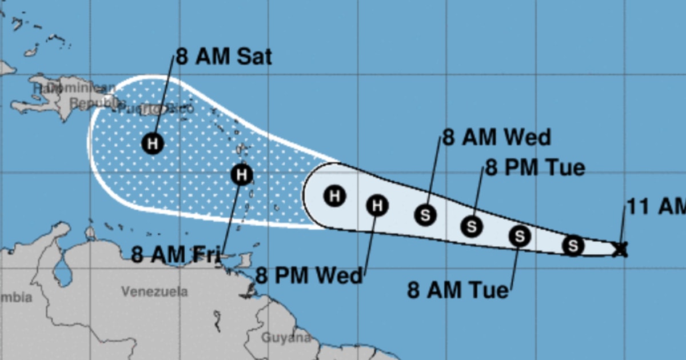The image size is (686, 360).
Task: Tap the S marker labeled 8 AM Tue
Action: pyautogui.click(x=519, y=235)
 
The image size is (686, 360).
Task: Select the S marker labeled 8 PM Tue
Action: pyautogui.click(x=472, y=226)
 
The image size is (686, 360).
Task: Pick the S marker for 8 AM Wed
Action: pyautogui.click(x=425, y=215)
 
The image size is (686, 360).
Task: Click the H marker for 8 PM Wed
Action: pyautogui.click(x=377, y=205)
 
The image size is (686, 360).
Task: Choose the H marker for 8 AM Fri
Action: pyautogui.click(x=242, y=174)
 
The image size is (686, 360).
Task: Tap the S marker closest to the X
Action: pyautogui.click(x=573, y=245)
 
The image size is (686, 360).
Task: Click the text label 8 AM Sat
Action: pyautogui.click(x=224, y=57)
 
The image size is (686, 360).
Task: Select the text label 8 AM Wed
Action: pyautogui.click(x=496, y=138)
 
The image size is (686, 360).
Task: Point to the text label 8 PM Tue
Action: pyautogui.click(x=535, y=168)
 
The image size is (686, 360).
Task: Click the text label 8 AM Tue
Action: pyautogui.click(x=458, y=290)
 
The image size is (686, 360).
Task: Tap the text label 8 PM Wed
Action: pyautogui.click(x=309, y=276)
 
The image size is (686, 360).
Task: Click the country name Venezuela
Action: pyautogui.click(x=154, y=291)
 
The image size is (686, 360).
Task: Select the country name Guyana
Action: pyautogui.click(x=286, y=338)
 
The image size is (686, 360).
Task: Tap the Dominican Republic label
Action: pyautogui.click(x=86, y=95)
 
